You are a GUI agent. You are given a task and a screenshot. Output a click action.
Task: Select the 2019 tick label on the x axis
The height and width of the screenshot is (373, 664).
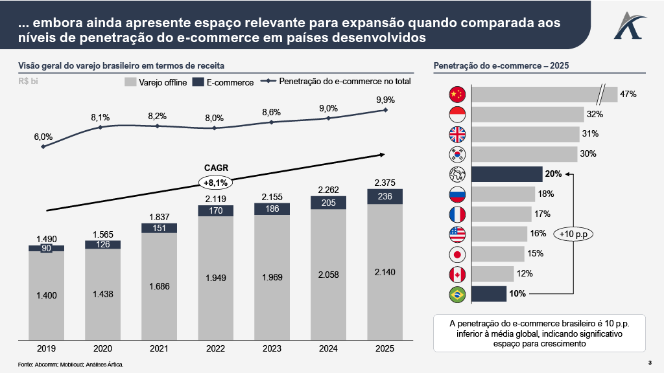pos(46,348)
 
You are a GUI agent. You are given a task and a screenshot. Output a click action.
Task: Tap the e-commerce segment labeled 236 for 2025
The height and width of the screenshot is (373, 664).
pos(385,196)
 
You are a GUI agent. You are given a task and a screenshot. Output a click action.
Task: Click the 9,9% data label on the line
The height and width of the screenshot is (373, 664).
pos(385,100)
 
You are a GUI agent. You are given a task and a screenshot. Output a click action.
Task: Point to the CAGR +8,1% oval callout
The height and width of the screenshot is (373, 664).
pos(216,182)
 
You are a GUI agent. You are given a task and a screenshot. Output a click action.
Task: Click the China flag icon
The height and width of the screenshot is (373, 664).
pos(457,95)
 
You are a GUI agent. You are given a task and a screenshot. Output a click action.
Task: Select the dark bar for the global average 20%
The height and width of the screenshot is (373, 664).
pos(506,174)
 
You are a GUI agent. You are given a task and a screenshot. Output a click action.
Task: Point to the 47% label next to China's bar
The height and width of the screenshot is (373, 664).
pos(628,95)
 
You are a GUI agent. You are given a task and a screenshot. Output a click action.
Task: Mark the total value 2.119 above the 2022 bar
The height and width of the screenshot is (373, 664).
pos(215,198)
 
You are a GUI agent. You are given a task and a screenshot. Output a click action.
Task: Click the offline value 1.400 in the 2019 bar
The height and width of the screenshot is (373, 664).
pos(46,295)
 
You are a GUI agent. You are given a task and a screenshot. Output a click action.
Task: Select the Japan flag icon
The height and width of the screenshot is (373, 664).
pos(457,254)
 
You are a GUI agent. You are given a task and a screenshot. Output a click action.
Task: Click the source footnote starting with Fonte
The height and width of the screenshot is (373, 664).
pos(71,365)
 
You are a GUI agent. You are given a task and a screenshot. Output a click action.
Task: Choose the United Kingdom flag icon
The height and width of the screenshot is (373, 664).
pos(457,134)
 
